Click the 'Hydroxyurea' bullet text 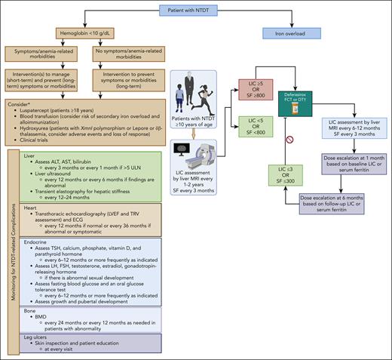click(54, 125)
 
